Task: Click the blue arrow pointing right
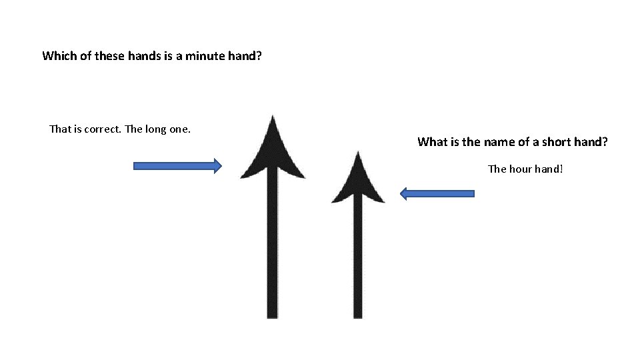coord(177,166)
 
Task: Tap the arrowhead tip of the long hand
coord(272,117)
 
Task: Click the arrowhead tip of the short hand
coord(358,153)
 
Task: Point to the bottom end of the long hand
coord(272,316)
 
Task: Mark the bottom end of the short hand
coord(358,316)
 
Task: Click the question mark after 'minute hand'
coord(258,56)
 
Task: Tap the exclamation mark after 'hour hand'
coord(561,169)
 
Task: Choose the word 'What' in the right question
coord(431,142)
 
